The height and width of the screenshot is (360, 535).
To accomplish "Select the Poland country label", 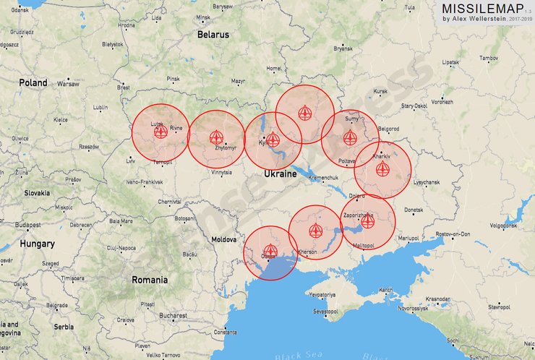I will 33,83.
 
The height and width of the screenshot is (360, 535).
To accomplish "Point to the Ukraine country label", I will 280,174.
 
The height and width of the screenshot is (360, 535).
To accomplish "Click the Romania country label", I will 150,279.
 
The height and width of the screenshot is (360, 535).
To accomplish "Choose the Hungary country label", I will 37,244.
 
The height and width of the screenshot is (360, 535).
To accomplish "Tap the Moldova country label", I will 224,239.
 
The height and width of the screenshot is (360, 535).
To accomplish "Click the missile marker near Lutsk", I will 160,131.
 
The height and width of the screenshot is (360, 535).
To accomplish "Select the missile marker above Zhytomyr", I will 215,137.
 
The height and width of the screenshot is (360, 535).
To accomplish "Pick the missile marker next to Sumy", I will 350,137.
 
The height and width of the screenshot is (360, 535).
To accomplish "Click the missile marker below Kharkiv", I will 382,169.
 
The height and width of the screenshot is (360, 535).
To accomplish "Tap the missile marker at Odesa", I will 270,250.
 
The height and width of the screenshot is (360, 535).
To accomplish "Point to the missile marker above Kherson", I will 314,231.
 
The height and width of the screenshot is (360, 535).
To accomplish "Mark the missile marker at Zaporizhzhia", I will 367,221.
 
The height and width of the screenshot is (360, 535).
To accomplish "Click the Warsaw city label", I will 68,84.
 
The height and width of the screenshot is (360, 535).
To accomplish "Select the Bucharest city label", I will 174,315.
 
